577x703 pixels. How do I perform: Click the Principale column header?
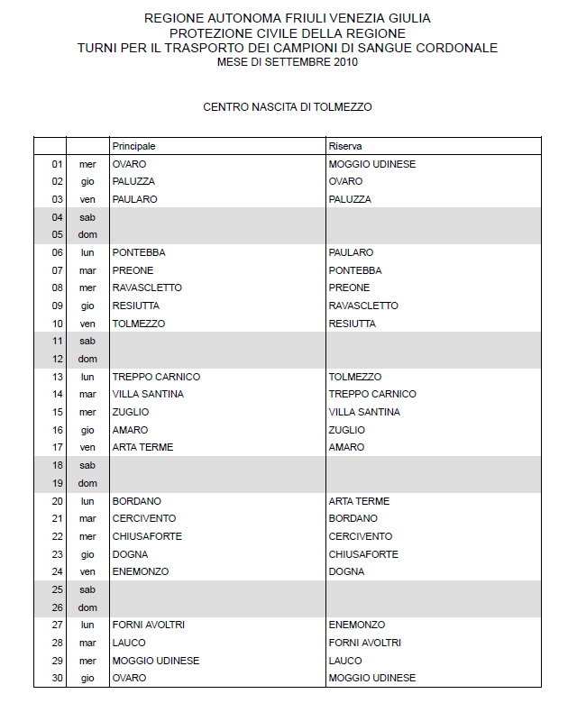133,146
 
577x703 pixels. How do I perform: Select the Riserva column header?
345,146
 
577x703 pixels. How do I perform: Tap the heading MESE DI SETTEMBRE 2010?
288,62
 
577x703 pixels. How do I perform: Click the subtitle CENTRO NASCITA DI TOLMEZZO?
288,106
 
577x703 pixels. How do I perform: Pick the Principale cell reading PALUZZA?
133,182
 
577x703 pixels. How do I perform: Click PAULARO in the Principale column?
134,199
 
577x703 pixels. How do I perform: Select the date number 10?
58,324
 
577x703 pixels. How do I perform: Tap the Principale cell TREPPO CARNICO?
156,377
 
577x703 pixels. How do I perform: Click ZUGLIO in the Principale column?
130,412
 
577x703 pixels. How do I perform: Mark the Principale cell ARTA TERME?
142,448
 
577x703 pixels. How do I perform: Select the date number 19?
58,483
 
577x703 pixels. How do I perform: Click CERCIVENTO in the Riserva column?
361,536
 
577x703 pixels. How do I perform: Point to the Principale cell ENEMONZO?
141,571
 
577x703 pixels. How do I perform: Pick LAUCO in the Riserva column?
344,661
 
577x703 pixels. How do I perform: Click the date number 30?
58,678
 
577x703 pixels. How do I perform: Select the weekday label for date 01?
87,164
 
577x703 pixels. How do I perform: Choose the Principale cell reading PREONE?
133,270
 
